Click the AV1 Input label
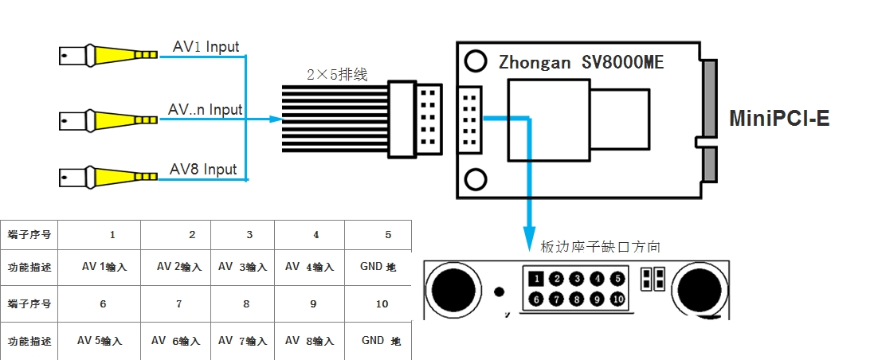pos(206,48)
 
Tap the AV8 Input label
pos(203,170)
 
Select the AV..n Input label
pos(205,109)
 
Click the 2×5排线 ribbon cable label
pos(337,76)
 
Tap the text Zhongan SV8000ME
pos(581,62)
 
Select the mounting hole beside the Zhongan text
pos(476,61)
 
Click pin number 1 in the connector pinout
pos(538,279)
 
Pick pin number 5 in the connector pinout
pos(617,279)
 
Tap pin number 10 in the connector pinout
pos(617,299)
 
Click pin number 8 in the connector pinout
pos(578,299)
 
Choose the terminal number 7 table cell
pos(178,303)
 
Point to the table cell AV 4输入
pos(309,267)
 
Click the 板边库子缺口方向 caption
pos(600,247)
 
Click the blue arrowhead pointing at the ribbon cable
pos(276,119)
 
